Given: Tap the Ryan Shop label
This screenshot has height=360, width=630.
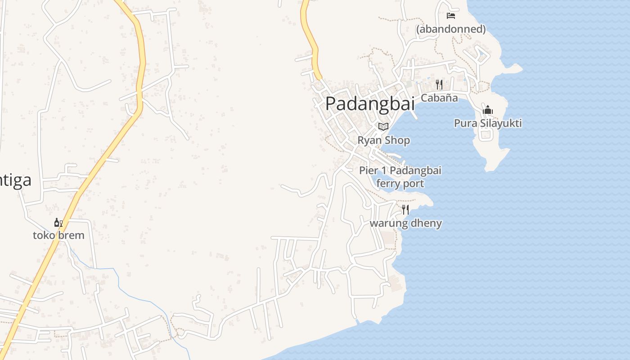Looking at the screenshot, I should tap(383, 140).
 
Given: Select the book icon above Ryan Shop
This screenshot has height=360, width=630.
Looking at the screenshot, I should tap(383, 127).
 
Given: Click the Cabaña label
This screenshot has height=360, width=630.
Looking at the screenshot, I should tap(439, 98).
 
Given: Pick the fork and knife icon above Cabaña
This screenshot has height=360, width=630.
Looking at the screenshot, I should tap(439, 84).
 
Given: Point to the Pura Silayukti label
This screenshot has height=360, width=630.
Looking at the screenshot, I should tap(488, 123).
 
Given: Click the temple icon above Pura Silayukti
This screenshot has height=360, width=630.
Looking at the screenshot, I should tap(488, 110).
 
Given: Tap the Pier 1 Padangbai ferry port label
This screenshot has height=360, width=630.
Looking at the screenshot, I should tap(400, 177).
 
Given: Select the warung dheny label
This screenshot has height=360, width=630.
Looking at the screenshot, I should tap(405, 223).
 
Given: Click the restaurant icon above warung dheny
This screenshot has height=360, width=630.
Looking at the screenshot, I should tap(405, 210).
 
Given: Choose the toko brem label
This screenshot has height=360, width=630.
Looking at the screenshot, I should tap(58, 235).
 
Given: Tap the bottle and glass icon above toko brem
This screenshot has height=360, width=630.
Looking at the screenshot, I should tap(58, 222).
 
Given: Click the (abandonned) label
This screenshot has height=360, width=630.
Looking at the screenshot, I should tap(451, 29).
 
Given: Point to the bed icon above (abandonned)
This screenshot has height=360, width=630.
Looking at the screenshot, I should tap(451, 16).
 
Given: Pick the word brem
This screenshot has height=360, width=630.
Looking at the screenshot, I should tap(72, 235).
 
